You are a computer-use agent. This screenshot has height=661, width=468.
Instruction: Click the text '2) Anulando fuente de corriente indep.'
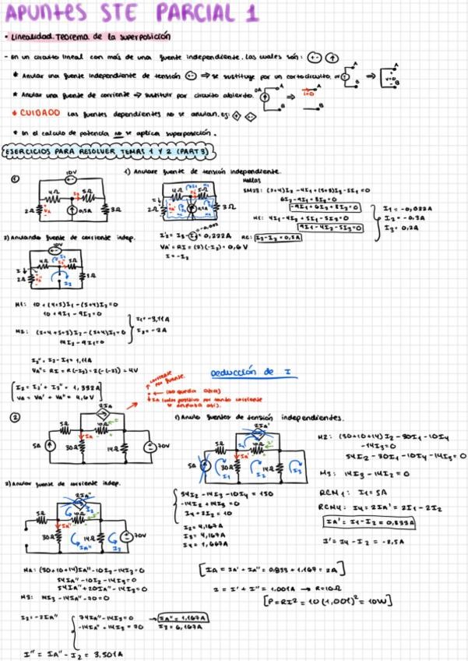(x=51, y=238)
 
